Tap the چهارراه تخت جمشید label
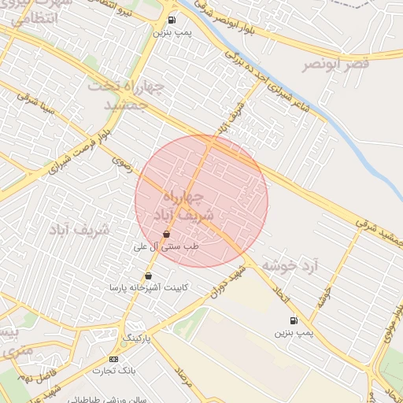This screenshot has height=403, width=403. (x=129, y=95)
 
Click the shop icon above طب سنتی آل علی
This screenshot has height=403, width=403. (x=166, y=234)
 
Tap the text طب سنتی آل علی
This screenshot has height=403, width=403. (x=168, y=246)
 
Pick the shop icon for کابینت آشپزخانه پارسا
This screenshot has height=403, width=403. (x=149, y=275)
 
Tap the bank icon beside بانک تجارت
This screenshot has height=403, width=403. (x=113, y=359)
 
